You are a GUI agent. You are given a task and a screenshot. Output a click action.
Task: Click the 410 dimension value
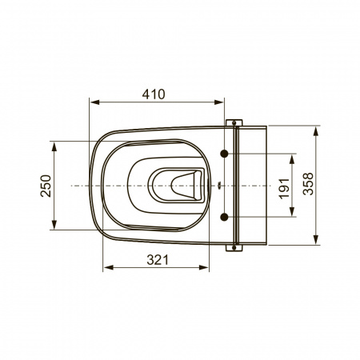[x=154, y=94]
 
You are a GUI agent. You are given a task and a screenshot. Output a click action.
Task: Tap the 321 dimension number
[x=158, y=260]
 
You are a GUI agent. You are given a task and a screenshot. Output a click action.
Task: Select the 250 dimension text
[x=46, y=186]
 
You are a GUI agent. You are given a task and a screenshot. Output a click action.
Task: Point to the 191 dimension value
[x=284, y=189]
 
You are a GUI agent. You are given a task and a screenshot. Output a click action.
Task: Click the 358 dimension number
[x=309, y=184]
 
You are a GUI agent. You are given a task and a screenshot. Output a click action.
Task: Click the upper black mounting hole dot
[x=224, y=154]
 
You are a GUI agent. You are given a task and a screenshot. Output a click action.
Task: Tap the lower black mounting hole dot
[x=224, y=217]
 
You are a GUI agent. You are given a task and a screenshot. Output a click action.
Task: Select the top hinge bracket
[x=234, y=122]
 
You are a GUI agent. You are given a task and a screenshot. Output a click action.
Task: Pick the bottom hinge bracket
[x=234, y=248]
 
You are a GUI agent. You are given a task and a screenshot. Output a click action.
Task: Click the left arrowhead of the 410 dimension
[x=94, y=102]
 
